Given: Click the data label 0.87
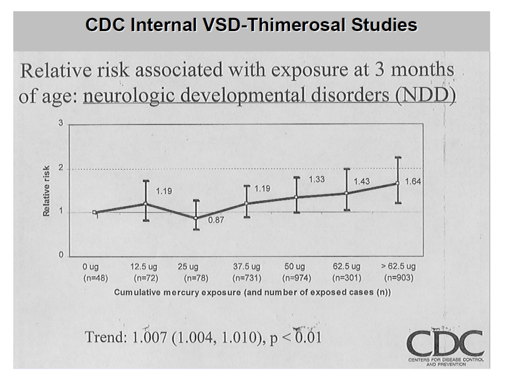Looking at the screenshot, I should [x=216, y=220].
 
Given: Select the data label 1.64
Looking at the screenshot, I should [x=413, y=182].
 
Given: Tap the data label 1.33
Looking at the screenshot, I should [x=317, y=179].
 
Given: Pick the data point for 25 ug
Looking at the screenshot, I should [x=196, y=218].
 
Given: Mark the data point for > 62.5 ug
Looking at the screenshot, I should [x=397, y=183].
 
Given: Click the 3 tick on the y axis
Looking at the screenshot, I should [x=61, y=123].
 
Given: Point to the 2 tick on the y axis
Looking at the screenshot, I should [x=61, y=169].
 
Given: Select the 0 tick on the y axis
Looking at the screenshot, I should [x=61, y=256].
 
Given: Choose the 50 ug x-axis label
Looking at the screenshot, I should [x=295, y=267].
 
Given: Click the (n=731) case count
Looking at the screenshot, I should [x=247, y=278].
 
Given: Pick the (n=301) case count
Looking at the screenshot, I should [x=347, y=278].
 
